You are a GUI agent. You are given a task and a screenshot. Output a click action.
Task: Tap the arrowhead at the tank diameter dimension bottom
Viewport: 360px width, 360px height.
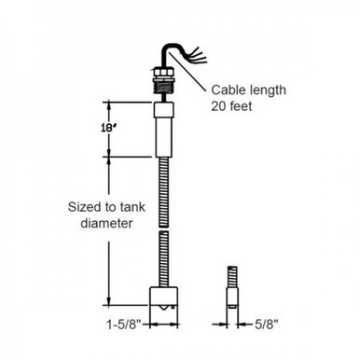(x=109, y=306)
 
